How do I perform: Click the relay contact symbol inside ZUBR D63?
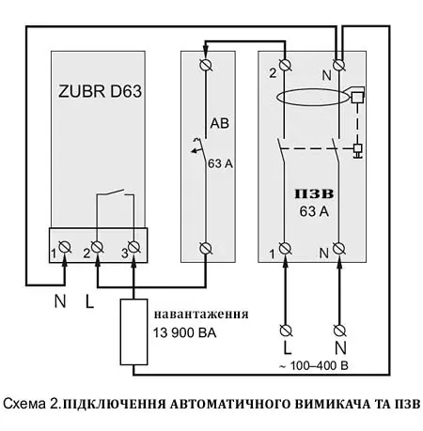tap(114, 198)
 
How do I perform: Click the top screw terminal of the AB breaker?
tap(207, 65)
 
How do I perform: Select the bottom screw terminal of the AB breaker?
tap(207, 248)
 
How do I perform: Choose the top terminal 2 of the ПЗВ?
tap(284, 65)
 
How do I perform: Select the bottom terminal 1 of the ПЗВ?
tap(284, 248)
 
